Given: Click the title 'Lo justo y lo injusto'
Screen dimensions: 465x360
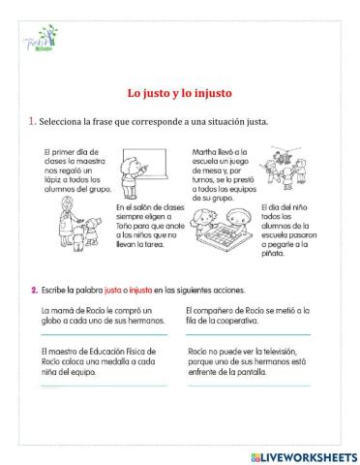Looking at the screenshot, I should pyautogui.click(x=180, y=94).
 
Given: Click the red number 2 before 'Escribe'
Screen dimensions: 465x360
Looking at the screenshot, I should pyautogui.click(x=34, y=291).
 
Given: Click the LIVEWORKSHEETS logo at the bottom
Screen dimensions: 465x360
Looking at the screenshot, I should pyautogui.click(x=295, y=455).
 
